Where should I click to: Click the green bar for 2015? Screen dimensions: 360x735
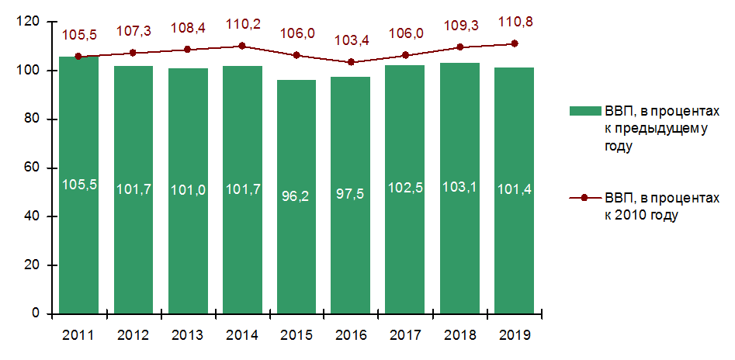[296, 233]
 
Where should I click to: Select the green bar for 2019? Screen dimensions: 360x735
[513, 233]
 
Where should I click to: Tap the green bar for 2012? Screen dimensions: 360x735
[133, 233]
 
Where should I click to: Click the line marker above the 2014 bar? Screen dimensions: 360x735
[242, 46]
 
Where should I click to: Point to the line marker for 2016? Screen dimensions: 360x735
[351, 62]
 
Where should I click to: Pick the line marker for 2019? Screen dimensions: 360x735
[514, 43]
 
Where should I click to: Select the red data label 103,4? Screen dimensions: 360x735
[351, 40]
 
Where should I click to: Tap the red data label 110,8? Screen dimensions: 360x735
[514, 22]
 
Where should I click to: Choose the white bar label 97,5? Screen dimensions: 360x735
[350, 192]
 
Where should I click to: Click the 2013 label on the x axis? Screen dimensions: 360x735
[187, 335]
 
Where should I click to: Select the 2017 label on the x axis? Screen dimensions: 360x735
[404, 335]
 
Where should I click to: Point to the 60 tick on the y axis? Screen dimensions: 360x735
[33, 168]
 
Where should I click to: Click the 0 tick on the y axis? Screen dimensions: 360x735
[36, 313]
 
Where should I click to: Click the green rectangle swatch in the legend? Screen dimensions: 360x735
[584, 111]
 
